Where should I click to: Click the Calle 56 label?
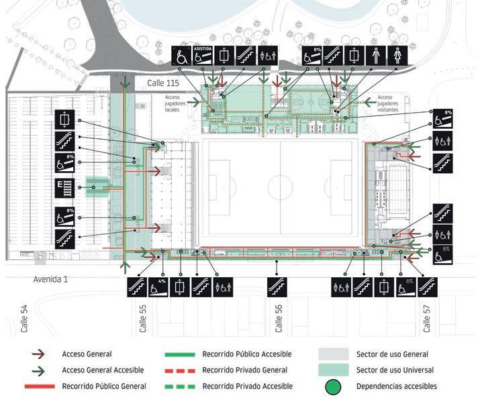(279, 318)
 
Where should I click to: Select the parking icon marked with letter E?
(64, 187)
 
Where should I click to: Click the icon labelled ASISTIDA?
(203, 55)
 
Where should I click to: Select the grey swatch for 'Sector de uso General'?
(333, 354)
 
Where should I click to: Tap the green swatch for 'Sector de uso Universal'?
(333, 370)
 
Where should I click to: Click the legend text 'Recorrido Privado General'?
(246, 370)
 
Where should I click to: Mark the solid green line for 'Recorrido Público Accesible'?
(179, 354)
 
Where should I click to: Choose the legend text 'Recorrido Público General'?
(104, 386)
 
